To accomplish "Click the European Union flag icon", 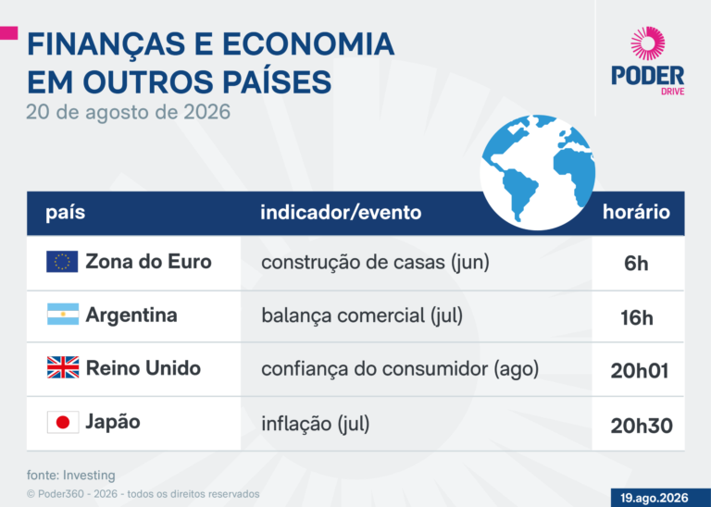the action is [x=62, y=262].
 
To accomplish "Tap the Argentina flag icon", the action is [x=63, y=314].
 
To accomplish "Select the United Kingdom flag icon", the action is [x=63, y=367].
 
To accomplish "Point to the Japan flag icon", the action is [x=63, y=422].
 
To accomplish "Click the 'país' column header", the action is [x=66, y=212].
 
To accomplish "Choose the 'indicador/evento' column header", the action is [x=341, y=212].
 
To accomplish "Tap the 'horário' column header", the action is [x=636, y=212].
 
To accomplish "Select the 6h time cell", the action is [x=636, y=264].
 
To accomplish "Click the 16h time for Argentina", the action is [x=637, y=317].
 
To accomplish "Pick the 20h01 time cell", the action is [x=640, y=371].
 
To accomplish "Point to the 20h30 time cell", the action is [x=642, y=426].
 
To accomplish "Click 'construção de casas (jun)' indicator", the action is [x=376, y=263].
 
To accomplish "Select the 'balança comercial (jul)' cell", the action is [x=362, y=315].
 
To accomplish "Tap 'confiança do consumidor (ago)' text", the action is [x=400, y=369].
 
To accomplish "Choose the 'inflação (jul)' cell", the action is [x=316, y=424].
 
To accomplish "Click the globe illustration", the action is [x=538, y=172].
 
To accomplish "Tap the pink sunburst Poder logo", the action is [x=648, y=43].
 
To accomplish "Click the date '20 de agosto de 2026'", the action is [x=129, y=112].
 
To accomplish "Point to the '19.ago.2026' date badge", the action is [x=655, y=498].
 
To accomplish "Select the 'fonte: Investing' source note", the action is [x=70, y=476].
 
